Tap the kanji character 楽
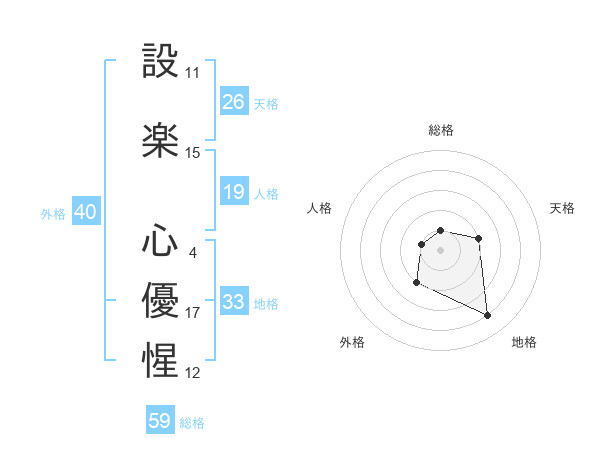160,140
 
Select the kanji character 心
160,239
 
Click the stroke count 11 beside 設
193,73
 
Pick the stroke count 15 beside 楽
193,153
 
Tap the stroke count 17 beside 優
193,313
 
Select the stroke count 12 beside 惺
193,373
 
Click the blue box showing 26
234,102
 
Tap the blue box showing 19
234,192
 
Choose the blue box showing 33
234,302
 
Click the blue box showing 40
85,212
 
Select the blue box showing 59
160,421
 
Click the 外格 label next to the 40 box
52,214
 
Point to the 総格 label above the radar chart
441,130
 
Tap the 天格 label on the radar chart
563,208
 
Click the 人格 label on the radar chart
320,208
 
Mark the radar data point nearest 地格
488,316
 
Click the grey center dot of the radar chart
441,249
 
